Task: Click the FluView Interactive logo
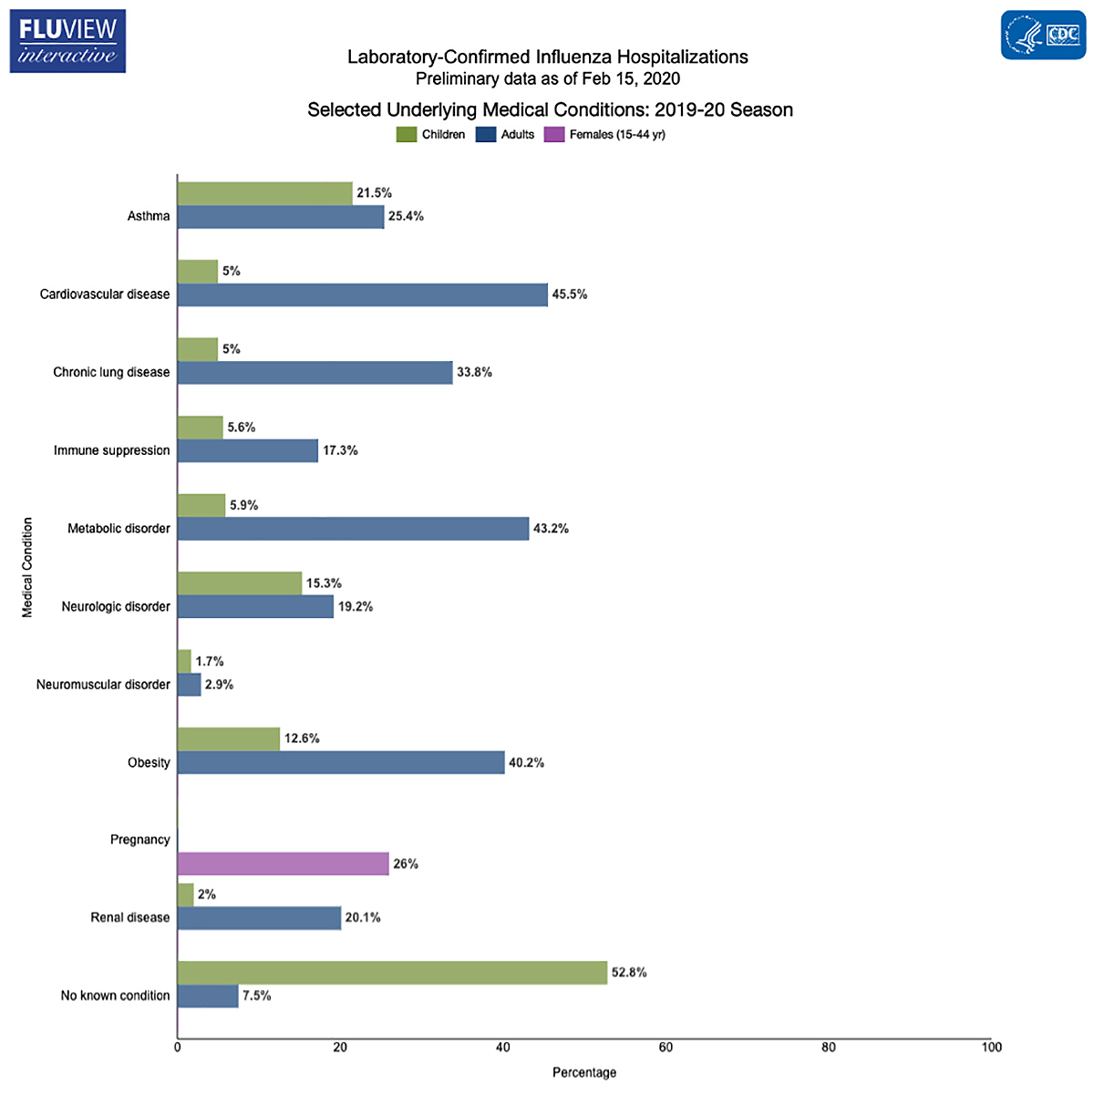click(67, 42)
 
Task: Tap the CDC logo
click(1043, 36)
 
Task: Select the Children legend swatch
click(407, 135)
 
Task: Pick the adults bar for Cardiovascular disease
click(362, 294)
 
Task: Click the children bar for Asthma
click(264, 193)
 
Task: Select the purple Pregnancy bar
click(283, 863)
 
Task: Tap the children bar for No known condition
click(392, 973)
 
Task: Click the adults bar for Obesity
click(340, 763)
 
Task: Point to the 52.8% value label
click(629, 973)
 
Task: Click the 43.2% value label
click(551, 529)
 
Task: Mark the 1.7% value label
click(210, 661)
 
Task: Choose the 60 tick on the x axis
click(666, 1048)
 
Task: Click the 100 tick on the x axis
click(991, 1048)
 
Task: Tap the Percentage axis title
click(584, 1072)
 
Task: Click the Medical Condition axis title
click(27, 568)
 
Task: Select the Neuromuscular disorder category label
click(103, 685)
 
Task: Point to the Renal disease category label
click(129, 918)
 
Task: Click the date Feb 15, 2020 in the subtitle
click(631, 79)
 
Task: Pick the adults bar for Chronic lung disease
click(315, 373)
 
